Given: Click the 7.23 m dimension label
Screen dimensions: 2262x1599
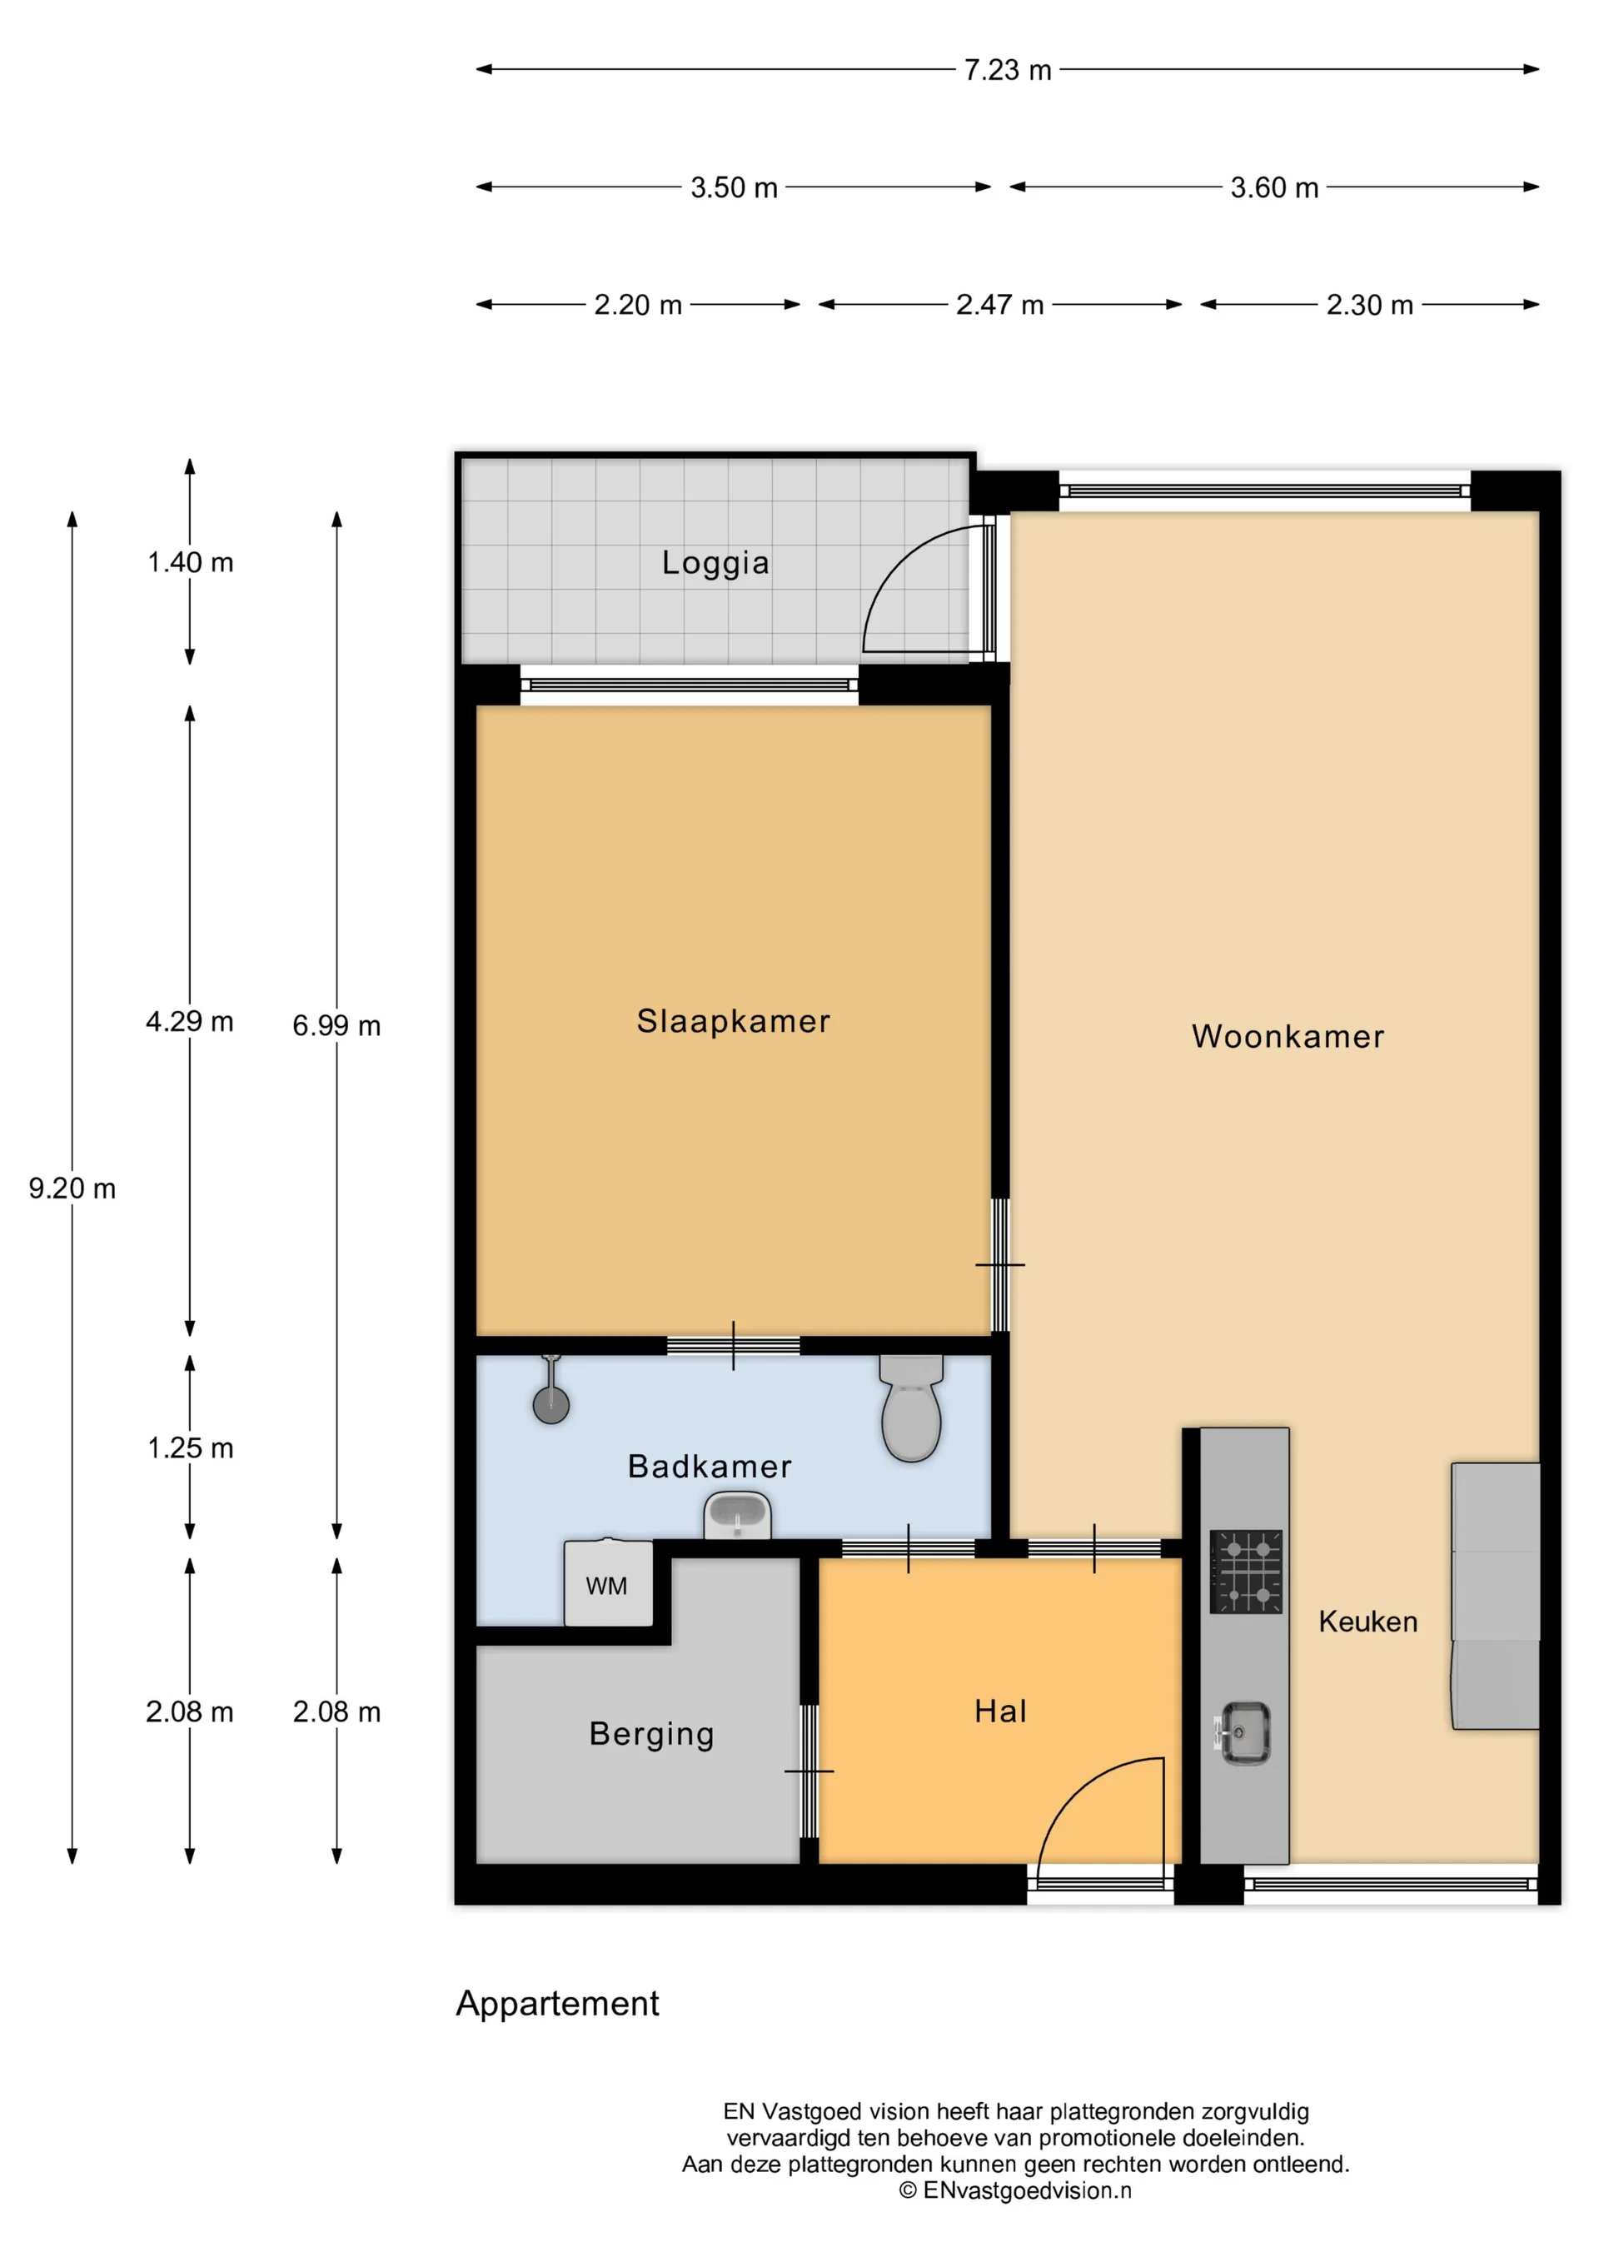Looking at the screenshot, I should click(x=1007, y=70).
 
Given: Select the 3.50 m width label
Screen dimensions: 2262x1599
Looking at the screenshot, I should click(x=733, y=187).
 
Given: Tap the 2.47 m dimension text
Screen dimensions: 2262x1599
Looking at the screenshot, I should click(x=999, y=305).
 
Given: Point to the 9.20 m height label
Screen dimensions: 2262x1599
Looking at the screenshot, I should click(x=72, y=1188).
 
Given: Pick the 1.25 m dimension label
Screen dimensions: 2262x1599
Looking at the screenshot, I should click(x=190, y=1448).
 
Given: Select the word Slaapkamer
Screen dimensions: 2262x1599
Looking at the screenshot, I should click(x=733, y=1021).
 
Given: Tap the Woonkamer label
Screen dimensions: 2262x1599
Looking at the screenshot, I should click(x=1288, y=1036).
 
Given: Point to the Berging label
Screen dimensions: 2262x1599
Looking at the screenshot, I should click(x=651, y=1733).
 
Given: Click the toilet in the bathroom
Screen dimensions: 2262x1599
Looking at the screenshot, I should click(x=911, y=1412).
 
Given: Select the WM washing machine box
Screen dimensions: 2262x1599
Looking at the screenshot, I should click(x=608, y=1584).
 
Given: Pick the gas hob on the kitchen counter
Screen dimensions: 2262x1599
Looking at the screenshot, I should click(x=1245, y=1572).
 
